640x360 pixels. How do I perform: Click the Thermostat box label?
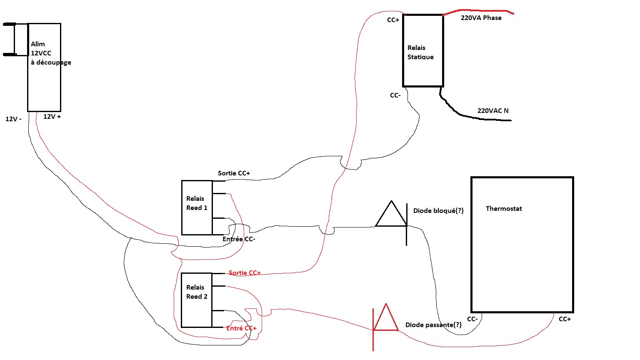[503, 209]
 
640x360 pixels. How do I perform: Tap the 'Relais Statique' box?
[422, 51]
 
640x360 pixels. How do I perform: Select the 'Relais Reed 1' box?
[197, 207]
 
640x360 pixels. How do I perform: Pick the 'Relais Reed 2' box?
[197, 300]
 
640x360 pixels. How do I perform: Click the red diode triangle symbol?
[386, 319]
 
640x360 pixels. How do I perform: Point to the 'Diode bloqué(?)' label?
[438, 211]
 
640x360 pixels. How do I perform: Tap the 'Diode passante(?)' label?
[433, 325]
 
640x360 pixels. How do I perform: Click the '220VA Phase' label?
[481, 18]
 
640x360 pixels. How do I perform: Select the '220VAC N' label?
[493, 111]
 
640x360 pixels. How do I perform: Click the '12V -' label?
[13, 119]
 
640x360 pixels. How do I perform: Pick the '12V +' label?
[52, 117]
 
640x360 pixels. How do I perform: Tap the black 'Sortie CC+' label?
[234, 173]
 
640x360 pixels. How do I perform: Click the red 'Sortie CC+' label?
[245, 273]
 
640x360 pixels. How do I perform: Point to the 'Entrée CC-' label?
[239, 239]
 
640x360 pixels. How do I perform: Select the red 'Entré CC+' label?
[241, 328]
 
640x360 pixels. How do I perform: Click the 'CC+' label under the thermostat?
[565, 319]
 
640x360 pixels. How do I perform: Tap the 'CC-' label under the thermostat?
[472, 319]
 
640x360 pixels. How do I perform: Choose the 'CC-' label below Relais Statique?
[395, 95]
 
